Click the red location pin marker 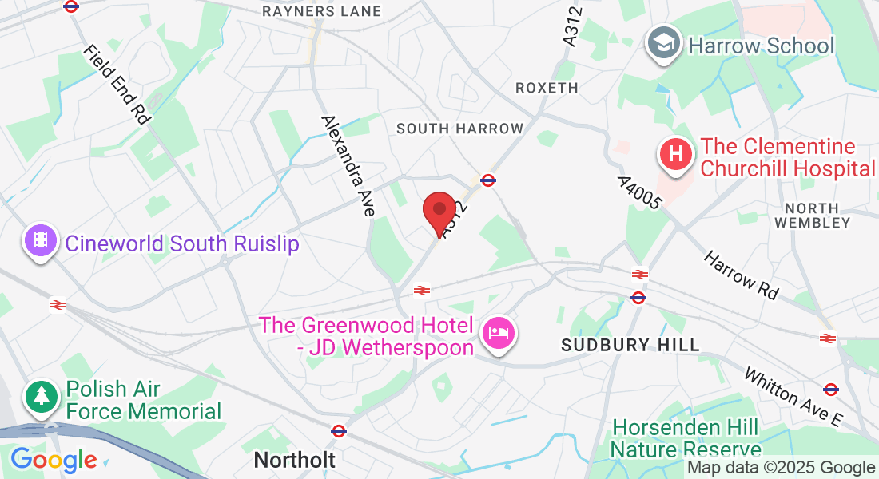tap(439, 212)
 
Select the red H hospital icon tap(676, 154)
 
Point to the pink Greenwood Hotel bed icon tap(499, 332)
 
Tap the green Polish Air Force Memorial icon tap(41, 397)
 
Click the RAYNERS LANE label tap(321, 11)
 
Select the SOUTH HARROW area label tap(459, 129)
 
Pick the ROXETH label tap(547, 88)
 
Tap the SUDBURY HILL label tap(630, 345)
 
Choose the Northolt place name tap(295, 460)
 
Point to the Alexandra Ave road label tap(348, 166)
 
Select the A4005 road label tap(639, 192)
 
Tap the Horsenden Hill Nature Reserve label tap(686, 438)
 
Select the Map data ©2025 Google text tap(782, 468)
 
